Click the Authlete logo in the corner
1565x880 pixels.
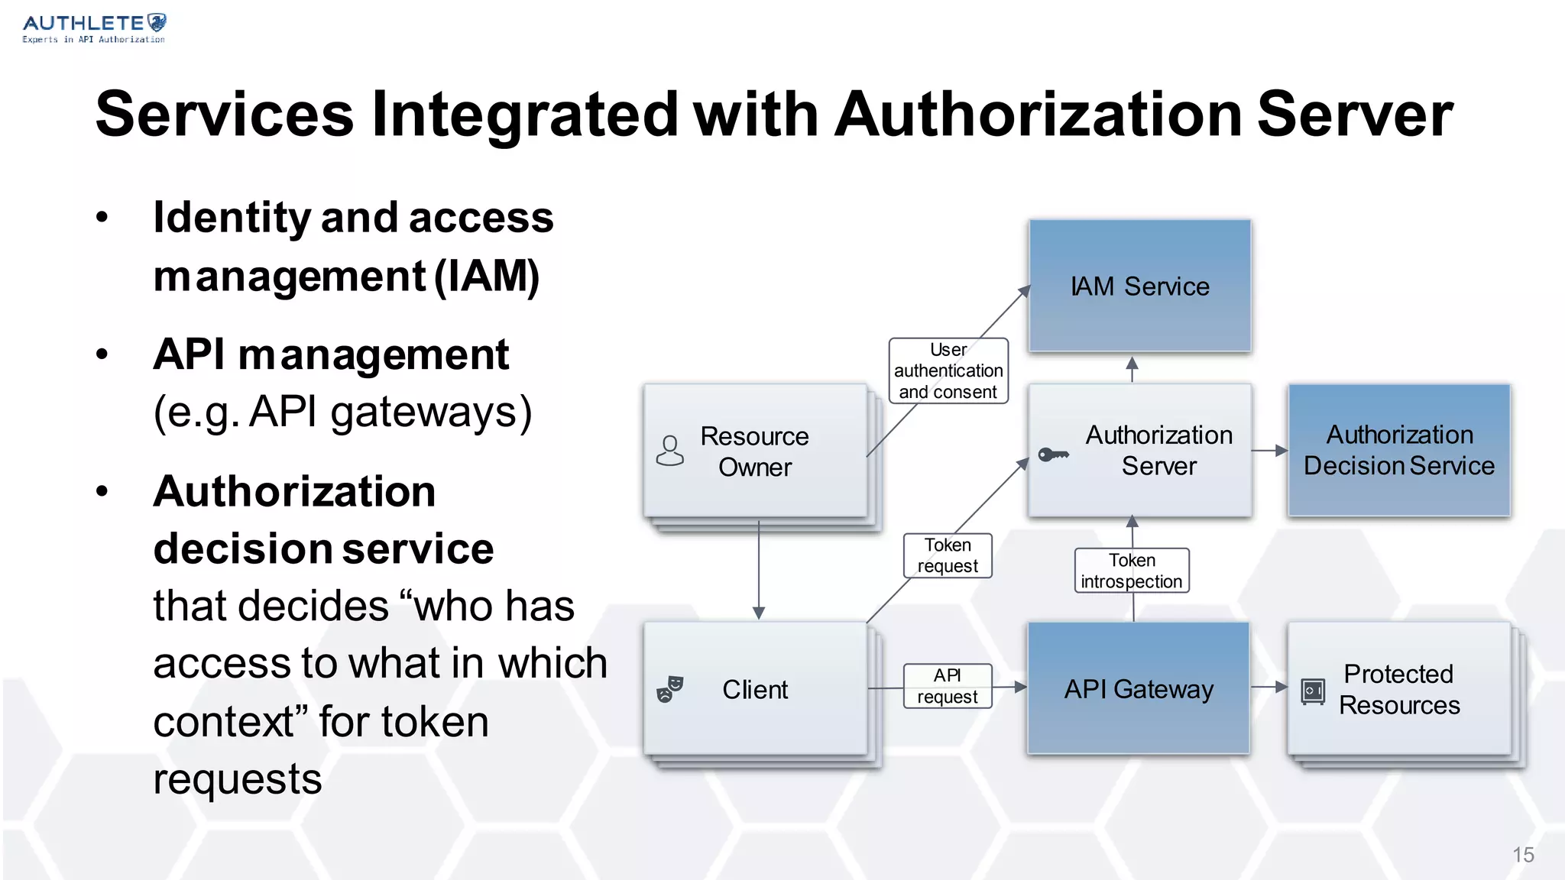coord(94,28)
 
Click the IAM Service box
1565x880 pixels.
coord(1139,286)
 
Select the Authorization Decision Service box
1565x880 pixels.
coord(1398,450)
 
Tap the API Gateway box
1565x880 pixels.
coord(1138,688)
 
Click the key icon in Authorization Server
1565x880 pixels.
coord(1053,455)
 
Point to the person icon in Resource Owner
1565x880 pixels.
coord(669,451)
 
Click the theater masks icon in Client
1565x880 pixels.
coord(669,689)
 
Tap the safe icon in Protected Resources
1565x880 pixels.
coord(1313,691)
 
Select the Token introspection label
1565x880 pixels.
coord(1131,571)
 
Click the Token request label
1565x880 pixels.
coord(947,555)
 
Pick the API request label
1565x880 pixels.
coord(947,686)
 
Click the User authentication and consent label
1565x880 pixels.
coord(948,370)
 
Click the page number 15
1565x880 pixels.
coord(1523,855)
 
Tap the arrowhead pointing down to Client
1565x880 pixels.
coord(759,613)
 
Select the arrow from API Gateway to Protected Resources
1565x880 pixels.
coord(1269,687)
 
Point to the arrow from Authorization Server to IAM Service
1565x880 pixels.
coord(1132,368)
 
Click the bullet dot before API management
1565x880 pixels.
coord(102,354)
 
